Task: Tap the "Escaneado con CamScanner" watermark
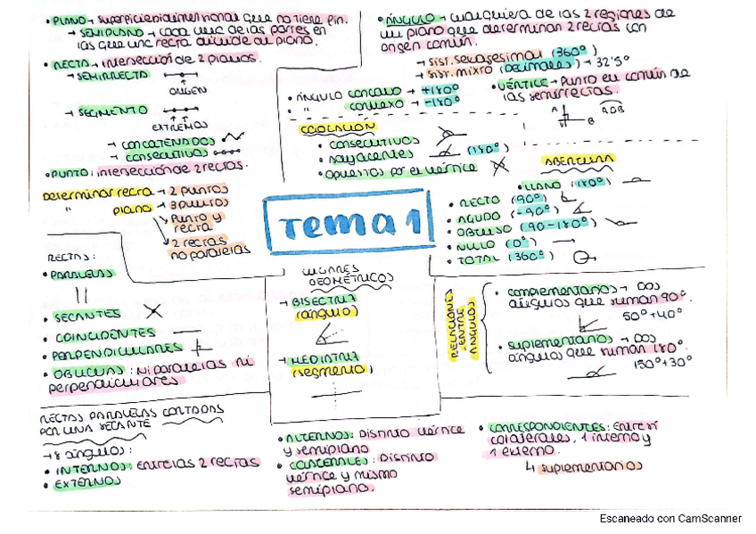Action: [671, 518]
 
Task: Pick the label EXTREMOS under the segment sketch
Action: [185, 126]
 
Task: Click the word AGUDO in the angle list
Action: [478, 217]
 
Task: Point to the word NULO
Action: [474, 243]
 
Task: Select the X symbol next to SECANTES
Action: [153, 311]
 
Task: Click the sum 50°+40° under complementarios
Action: [653, 316]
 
